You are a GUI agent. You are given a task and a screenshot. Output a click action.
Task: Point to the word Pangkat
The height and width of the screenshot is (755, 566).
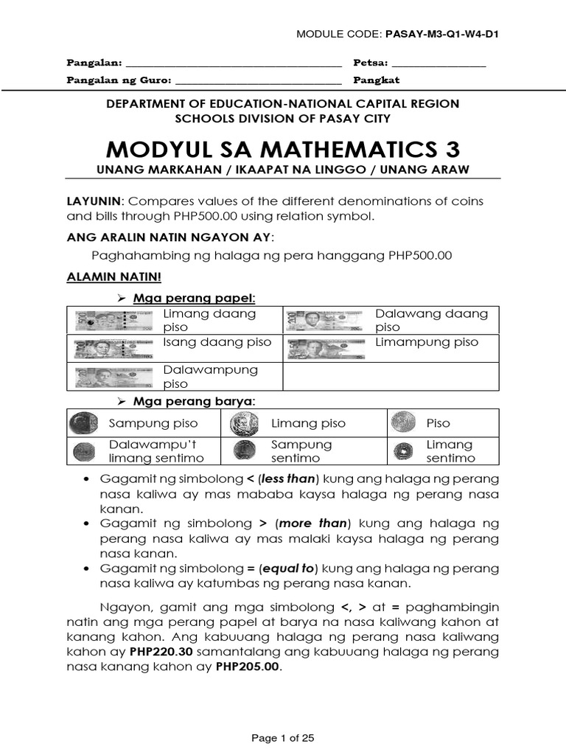(377, 80)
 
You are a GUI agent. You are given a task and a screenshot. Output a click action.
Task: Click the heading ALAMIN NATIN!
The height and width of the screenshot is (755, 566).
(113, 276)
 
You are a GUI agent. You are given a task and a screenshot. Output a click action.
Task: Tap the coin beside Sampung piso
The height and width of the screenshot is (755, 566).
(82, 423)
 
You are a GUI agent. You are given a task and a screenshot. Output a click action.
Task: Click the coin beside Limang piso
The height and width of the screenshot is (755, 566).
(242, 423)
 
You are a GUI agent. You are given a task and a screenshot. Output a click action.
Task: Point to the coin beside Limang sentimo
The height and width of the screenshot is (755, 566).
(402, 450)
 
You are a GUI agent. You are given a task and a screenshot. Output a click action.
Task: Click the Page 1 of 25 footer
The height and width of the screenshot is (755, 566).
(283, 737)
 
